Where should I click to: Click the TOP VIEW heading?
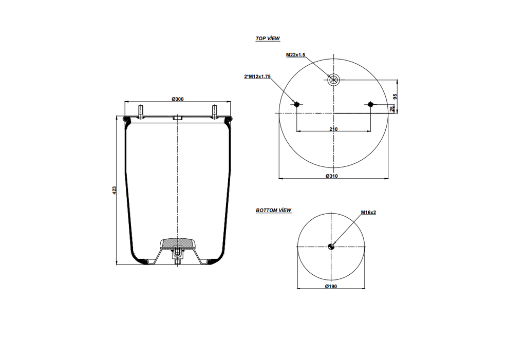[268, 39]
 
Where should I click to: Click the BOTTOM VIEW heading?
[273, 211]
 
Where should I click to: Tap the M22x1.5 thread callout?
[295, 54]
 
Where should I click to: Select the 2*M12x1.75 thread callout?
[257, 77]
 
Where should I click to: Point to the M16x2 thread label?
[368, 212]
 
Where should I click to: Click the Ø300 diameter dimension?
[178, 99]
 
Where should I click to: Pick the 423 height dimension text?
[115, 190]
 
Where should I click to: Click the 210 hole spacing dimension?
[333, 129]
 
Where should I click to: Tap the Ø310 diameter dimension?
[331, 176]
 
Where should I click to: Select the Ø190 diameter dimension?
[331, 286]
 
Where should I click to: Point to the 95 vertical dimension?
[394, 96]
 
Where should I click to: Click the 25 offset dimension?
[392, 108]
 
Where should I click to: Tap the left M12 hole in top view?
[296, 105]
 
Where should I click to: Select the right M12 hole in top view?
[370, 105]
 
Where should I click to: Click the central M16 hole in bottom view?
[331, 246]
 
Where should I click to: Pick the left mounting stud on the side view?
[140, 111]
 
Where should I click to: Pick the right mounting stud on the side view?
[215, 111]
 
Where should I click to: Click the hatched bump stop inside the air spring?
[177, 243]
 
